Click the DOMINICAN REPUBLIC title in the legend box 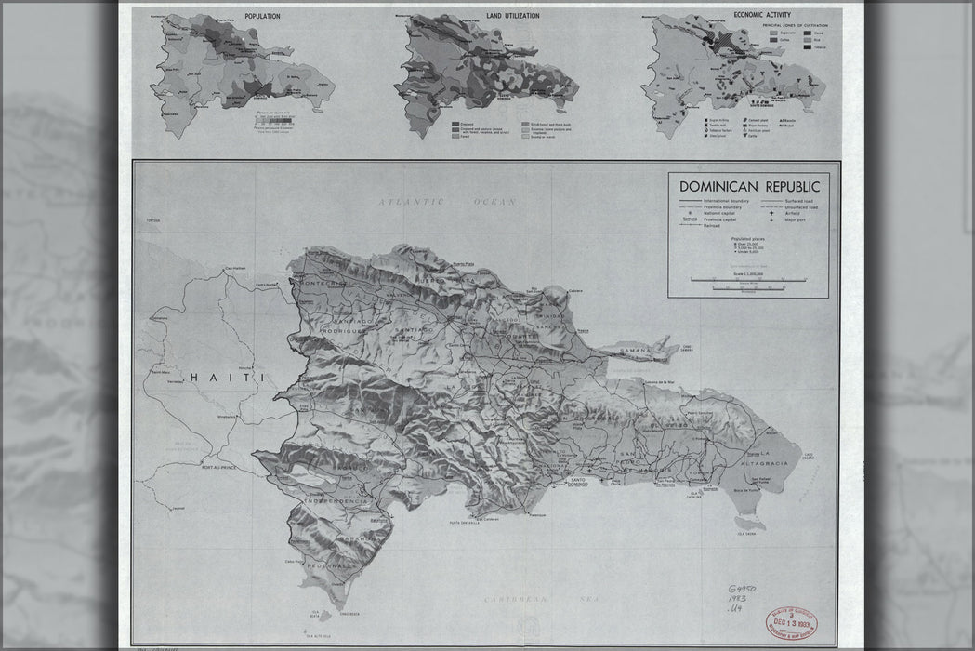[x=748, y=187]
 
